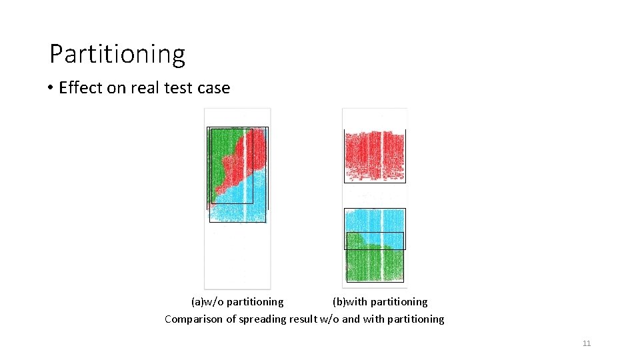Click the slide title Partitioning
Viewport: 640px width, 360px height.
117,54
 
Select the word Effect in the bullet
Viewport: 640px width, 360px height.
78,88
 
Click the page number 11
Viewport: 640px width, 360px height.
587,343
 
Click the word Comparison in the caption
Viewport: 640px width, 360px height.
194,319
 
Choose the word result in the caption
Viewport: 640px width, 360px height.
303,319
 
